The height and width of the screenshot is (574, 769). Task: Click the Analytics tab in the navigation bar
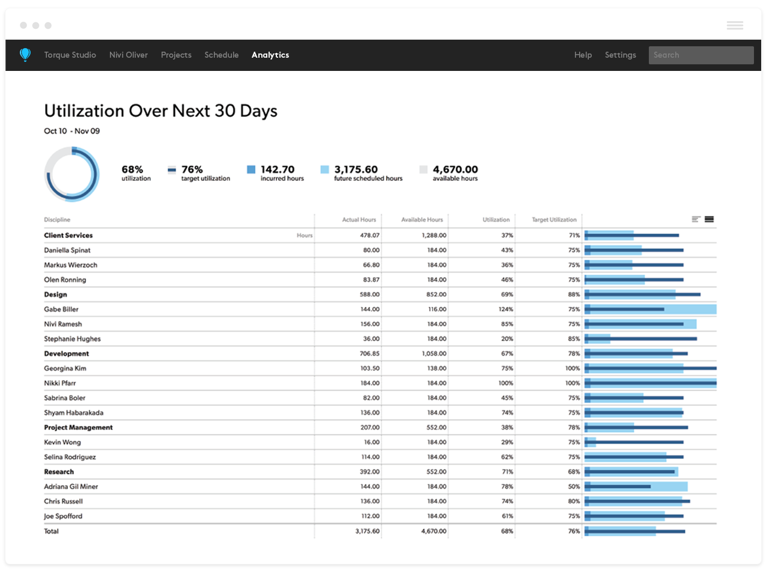(x=270, y=55)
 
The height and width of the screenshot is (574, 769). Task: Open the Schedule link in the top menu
(x=221, y=55)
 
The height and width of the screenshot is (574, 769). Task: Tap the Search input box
(x=701, y=55)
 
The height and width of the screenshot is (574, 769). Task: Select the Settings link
(x=620, y=55)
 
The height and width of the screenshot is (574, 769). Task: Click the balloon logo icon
(x=25, y=55)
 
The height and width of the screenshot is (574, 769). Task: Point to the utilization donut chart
(x=71, y=174)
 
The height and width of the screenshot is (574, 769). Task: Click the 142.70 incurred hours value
(x=278, y=169)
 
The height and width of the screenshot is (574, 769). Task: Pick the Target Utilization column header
(x=554, y=219)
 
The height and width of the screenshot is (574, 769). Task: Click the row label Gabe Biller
(x=61, y=309)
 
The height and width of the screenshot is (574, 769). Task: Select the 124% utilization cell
(x=506, y=309)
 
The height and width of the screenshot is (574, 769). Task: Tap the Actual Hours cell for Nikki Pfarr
(x=369, y=383)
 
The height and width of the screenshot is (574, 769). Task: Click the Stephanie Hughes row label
(x=72, y=338)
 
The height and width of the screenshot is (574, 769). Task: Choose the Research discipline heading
(x=59, y=472)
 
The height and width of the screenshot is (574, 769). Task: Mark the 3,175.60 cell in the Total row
(x=367, y=531)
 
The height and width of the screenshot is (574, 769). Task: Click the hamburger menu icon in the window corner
(x=735, y=25)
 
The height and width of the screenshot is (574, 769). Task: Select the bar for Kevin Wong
(x=634, y=442)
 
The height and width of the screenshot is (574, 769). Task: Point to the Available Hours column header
(x=422, y=219)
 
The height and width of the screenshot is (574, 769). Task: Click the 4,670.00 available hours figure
(x=455, y=169)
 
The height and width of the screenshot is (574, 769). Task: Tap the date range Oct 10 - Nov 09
(x=72, y=131)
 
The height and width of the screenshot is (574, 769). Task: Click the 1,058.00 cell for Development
(x=434, y=353)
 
